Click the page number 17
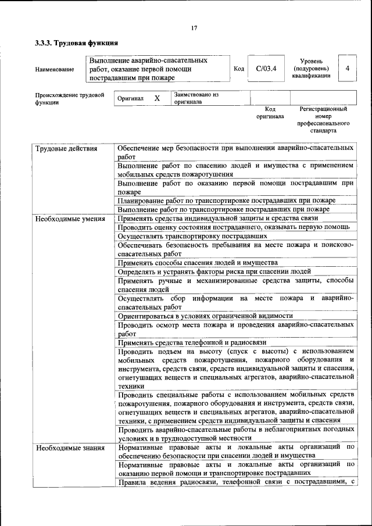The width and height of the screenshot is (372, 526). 194,28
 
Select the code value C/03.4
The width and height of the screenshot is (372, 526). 266,69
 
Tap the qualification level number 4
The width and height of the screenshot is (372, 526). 347,69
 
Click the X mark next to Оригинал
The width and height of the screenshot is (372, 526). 157,98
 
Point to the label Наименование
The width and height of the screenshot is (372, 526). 55,70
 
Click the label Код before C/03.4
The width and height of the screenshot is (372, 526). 238,69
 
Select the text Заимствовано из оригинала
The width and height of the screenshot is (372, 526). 195,98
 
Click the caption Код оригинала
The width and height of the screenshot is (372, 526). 270,113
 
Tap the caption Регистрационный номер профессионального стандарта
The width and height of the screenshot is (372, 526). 323,120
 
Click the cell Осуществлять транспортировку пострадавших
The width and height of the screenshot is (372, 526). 192,236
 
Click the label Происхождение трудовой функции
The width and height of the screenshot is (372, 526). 69,98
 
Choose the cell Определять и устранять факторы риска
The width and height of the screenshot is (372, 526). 214,271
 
